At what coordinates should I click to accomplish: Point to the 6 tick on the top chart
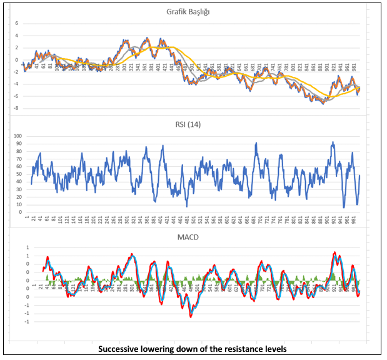pos(18,24)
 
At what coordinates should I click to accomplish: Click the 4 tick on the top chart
pos(18,36)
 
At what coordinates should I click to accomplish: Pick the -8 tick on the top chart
pos(17,108)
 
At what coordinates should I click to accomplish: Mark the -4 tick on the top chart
pos(17,84)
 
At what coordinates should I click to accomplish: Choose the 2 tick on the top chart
pos(18,48)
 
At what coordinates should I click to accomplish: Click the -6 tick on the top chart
pos(17,96)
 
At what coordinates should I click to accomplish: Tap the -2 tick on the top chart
pos(17,72)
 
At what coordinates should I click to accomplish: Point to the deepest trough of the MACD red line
pos(190,316)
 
